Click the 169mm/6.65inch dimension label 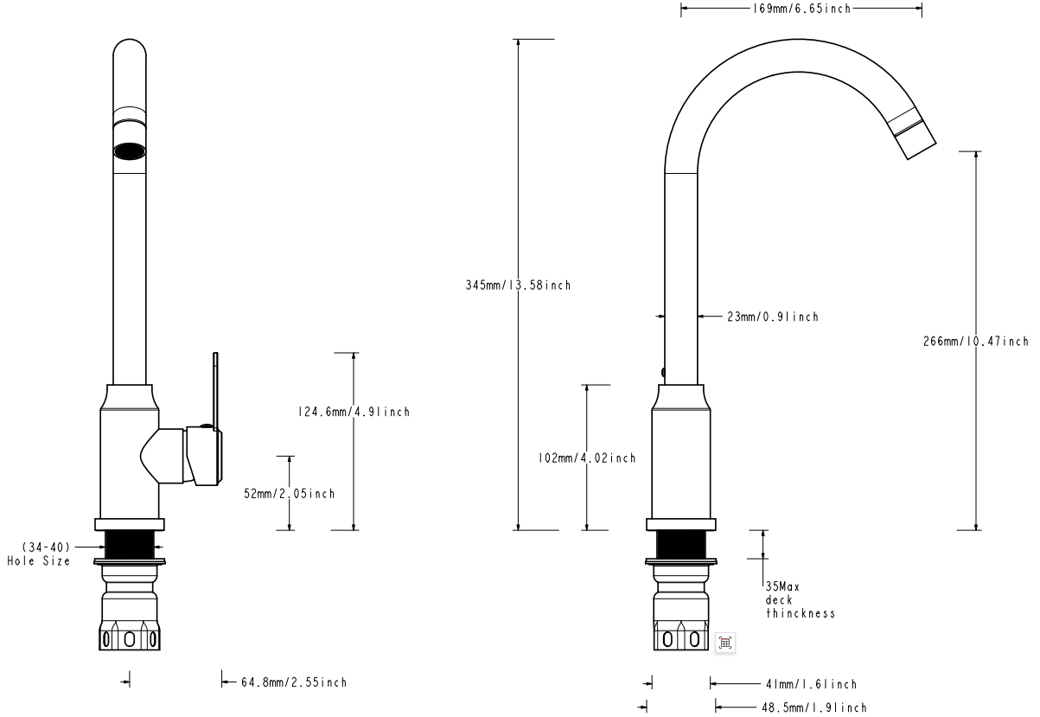pyautogui.click(x=801, y=10)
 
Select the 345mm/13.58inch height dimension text pyautogui.click(x=518, y=285)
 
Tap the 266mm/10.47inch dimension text pyautogui.click(x=976, y=341)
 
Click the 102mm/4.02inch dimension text pyautogui.click(x=587, y=458)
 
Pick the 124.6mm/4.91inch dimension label pyautogui.click(x=353, y=412)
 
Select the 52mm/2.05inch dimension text pyautogui.click(x=289, y=493)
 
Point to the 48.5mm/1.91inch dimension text pyautogui.click(x=813, y=707)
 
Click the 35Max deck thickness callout pyautogui.click(x=800, y=599)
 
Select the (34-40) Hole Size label pyautogui.click(x=39, y=554)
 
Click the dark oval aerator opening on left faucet pyautogui.click(x=130, y=151)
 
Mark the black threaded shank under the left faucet pyautogui.click(x=130, y=545)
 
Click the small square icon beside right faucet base pyautogui.click(x=725, y=642)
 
